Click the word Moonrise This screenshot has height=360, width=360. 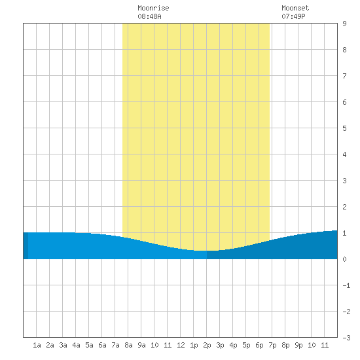pyautogui.click(x=153, y=8)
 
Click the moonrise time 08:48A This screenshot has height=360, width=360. pyautogui.click(x=149, y=16)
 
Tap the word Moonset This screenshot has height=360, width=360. pyautogui.click(x=295, y=8)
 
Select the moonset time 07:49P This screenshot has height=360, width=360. pyautogui.click(x=293, y=16)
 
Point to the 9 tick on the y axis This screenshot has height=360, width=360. pyautogui.click(x=344, y=24)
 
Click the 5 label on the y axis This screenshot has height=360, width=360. pyautogui.click(x=344, y=128)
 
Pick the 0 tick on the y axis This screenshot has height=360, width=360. pyautogui.click(x=344, y=259)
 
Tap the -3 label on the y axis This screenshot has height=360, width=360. pyautogui.click(x=346, y=338)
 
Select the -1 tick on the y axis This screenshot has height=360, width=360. pyautogui.click(x=346, y=285)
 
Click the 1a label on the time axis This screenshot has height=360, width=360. pyautogui.click(x=37, y=345)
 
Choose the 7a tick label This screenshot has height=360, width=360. pyautogui.click(x=115, y=345)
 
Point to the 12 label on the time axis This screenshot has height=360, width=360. pyautogui.click(x=181, y=345)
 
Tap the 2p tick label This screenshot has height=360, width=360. pyautogui.click(x=207, y=345)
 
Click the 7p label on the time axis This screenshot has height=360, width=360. pyautogui.click(x=272, y=345)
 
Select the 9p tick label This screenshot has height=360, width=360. pyautogui.click(x=298, y=345)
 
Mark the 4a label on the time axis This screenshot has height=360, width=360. pyautogui.click(x=76, y=345)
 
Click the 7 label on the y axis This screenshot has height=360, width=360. pyautogui.click(x=344, y=76)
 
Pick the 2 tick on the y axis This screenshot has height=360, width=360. pyautogui.click(x=344, y=207)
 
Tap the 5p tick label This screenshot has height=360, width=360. pyautogui.click(x=246, y=345)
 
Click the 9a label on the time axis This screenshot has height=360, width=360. pyautogui.click(x=141, y=345)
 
